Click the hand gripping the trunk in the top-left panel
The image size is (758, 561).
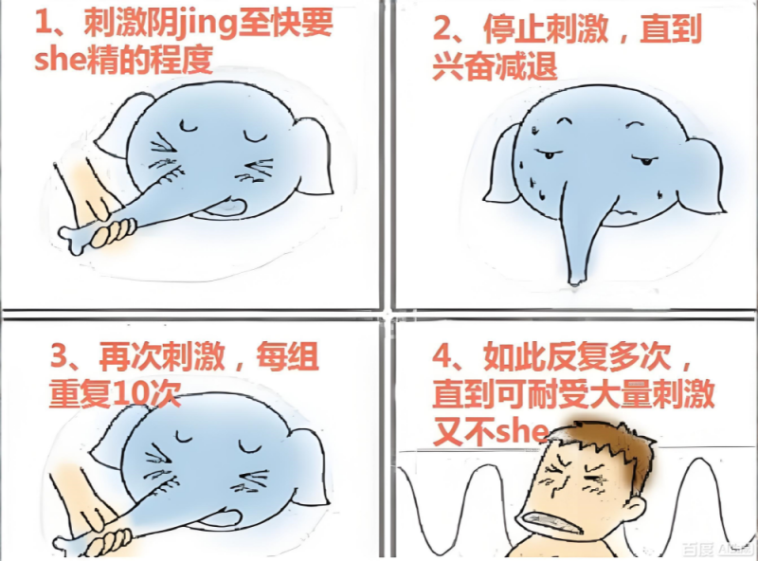(90, 204)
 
